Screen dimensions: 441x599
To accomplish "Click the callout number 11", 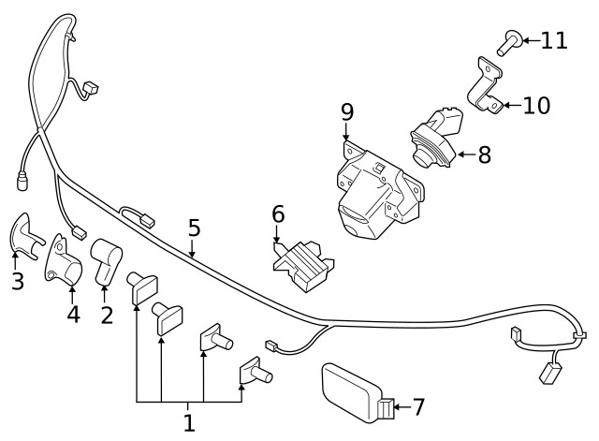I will (554, 40).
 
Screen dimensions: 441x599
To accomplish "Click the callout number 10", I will (537, 104).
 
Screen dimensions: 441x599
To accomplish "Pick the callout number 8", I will (484, 154).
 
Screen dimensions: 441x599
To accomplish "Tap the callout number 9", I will (347, 112).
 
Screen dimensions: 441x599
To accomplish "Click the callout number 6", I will (278, 214).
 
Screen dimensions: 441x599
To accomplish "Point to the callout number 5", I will (194, 228).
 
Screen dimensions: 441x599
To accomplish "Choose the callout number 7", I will (417, 406).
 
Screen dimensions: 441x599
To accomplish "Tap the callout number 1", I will (189, 422).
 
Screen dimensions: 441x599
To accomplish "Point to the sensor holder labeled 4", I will (66, 260).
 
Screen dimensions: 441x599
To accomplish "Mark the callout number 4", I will (73, 315).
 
